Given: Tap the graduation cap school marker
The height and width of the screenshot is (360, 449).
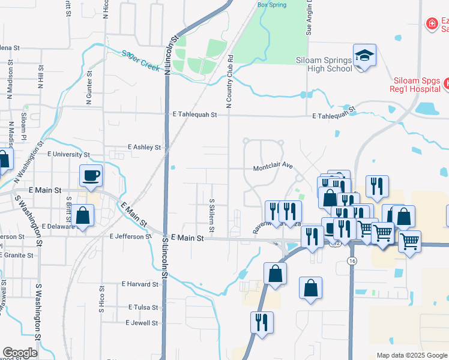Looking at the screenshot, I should coord(364,56).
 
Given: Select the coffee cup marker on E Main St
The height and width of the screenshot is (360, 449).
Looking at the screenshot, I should coord(91,176).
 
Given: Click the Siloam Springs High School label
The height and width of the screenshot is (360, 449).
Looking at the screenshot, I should coord(324,64).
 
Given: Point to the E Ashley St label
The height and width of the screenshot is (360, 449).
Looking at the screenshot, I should coord(145,147).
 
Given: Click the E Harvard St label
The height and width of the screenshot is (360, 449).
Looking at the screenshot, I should coord(140,283).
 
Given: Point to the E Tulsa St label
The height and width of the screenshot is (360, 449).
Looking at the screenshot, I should coord(143,307).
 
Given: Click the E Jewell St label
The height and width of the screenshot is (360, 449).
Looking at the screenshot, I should coord(141,322).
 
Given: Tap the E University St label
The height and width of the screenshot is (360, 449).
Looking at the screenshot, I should coord(69,154).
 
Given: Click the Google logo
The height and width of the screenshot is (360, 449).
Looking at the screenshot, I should coord(20,352).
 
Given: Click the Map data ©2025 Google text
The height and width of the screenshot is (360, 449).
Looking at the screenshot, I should coord(411,355).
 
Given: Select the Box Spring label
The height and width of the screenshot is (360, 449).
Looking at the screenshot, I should coord(272,5).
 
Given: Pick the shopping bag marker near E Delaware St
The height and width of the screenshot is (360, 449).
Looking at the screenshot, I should coord(83,216).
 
